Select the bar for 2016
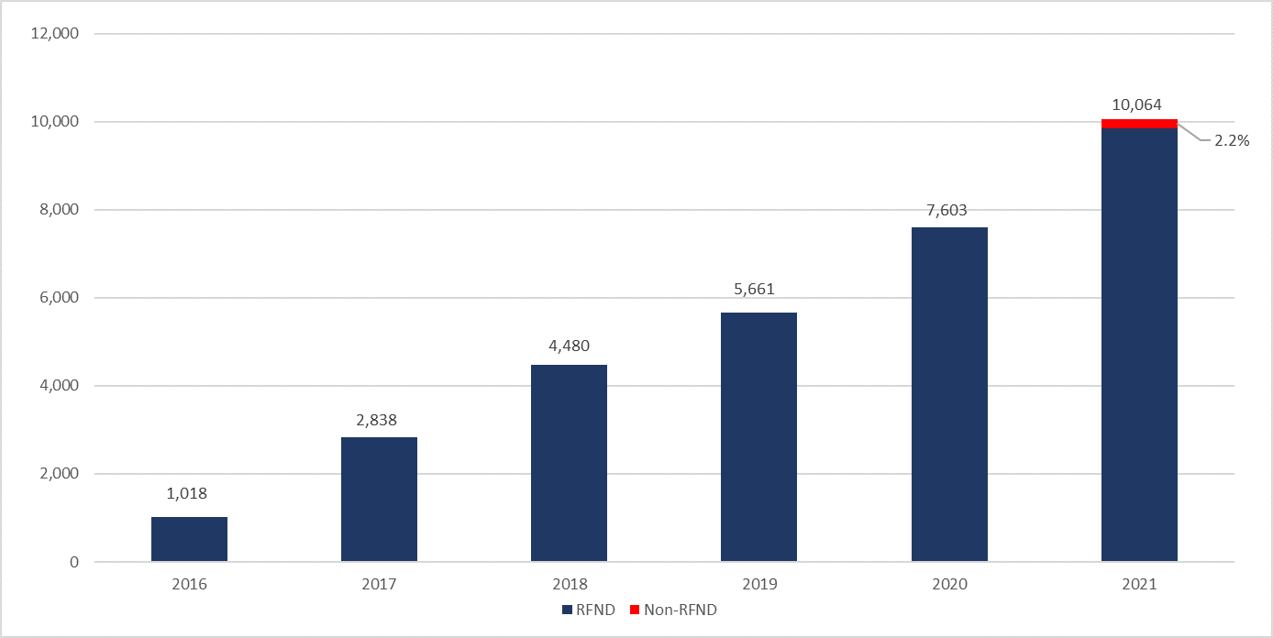(189, 539)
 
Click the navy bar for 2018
(569, 463)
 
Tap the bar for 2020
(949, 394)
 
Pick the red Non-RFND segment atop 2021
(1139, 124)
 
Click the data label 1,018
(187, 493)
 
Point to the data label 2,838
(379, 421)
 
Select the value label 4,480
(569, 346)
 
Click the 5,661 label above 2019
(758, 290)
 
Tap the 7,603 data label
(949, 210)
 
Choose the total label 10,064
(1138, 104)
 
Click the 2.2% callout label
(1232, 141)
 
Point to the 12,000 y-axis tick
(55, 34)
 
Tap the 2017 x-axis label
(379, 584)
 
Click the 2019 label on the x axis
(758, 584)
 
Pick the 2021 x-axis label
(1138, 584)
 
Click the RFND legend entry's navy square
(566, 610)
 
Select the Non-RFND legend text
(680, 610)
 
